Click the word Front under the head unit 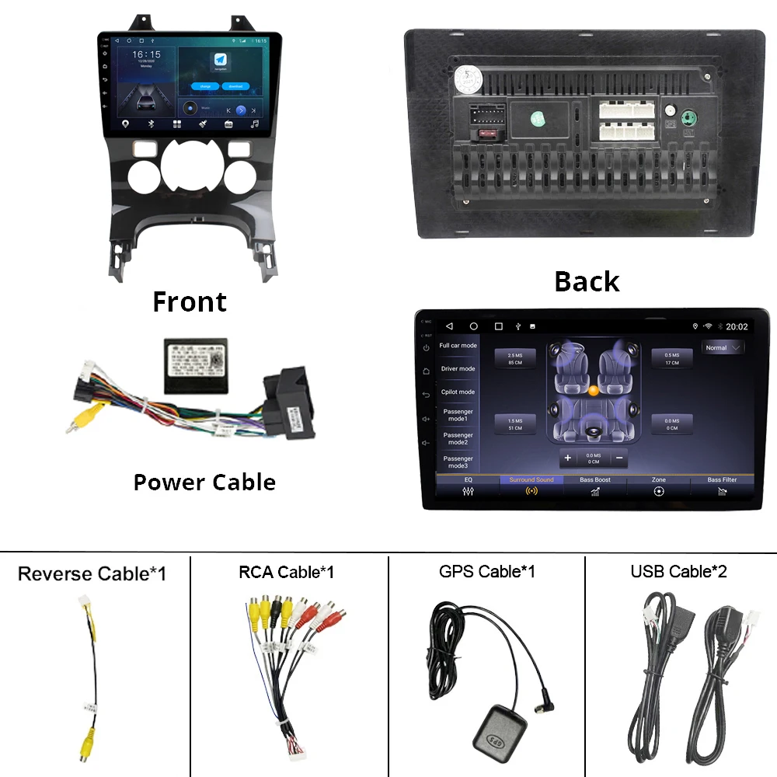190,301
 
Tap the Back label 587,281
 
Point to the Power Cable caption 204,483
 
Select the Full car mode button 458,346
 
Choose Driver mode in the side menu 458,369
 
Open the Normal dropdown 723,348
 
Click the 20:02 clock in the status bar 737,327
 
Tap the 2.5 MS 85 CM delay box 515,358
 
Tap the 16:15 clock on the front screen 146,55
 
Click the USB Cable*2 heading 678,572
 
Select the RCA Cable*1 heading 286,572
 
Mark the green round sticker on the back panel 538,119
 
